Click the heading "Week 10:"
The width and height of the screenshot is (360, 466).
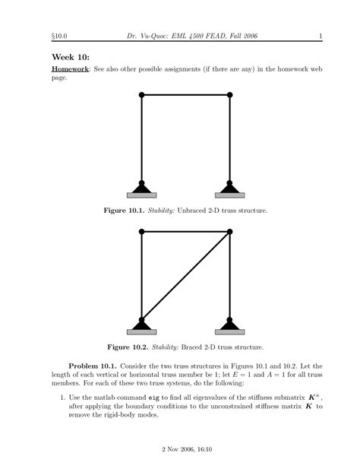[x=71, y=58]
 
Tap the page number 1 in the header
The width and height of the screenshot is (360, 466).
[x=321, y=35]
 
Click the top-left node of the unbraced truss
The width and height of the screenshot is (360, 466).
[x=142, y=94]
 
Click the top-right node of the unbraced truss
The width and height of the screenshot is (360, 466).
[x=230, y=94]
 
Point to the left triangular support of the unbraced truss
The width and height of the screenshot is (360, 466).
[x=142, y=186]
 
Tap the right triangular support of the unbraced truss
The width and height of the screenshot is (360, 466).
[x=230, y=186]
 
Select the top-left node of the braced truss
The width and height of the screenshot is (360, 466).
[x=142, y=232]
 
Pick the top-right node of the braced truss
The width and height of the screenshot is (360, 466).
[x=230, y=232]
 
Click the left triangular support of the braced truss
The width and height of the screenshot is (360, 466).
[x=142, y=324]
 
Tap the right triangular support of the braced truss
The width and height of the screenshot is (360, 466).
[x=230, y=324]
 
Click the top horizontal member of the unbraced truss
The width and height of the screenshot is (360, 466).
[x=186, y=94]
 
